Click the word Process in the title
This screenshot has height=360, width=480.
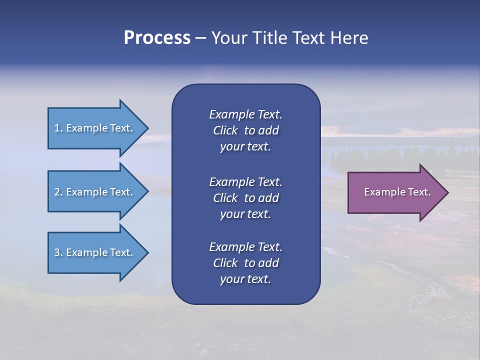[157, 38]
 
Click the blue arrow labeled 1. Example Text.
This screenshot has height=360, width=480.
[95, 128]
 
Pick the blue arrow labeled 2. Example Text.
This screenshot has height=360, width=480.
[95, 192]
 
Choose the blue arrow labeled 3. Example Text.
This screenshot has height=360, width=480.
[95, 252]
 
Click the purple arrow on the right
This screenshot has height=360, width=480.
[395, 192]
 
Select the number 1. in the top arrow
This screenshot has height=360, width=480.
[58, 128]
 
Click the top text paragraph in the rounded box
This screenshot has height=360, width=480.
[245, 130]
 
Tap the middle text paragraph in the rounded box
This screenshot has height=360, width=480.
[245, 198]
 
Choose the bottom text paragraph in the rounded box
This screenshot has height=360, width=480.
[245, 263]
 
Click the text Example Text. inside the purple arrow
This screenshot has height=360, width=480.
[397, 192]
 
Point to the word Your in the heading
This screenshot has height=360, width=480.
[228, 38]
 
